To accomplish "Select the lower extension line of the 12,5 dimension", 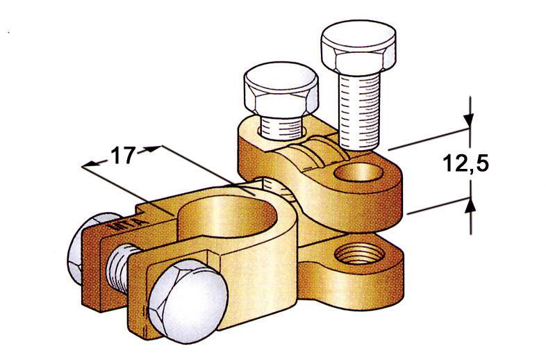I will [438, 206].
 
